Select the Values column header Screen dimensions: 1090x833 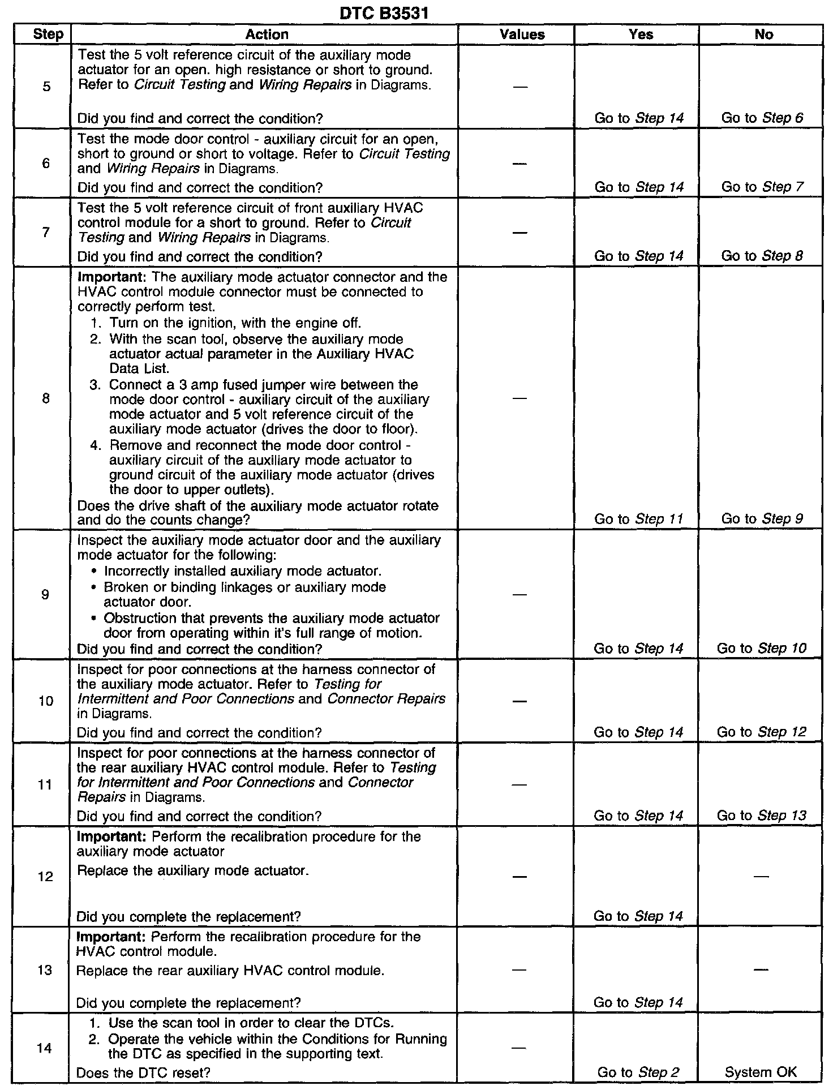coord(522,35)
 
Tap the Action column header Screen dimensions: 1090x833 coord(267,35)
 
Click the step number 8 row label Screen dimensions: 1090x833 coord(45,398)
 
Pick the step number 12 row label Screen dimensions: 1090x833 coord(45,876)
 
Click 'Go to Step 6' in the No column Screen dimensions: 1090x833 coord(762,118)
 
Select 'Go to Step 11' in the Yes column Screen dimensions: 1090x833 coord(638,519)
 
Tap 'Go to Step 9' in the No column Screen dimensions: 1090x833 coord(762,519)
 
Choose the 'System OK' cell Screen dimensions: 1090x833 coord(761,1072)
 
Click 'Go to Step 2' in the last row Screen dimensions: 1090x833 coord(638,1072)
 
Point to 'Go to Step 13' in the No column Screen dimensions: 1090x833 coord(761,816)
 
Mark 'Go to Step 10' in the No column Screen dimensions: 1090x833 coord(761,648)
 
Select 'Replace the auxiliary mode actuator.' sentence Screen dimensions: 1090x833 coord(192,870)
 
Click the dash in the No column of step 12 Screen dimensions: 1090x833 coord(761,876)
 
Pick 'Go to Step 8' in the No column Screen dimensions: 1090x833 coord(762,256)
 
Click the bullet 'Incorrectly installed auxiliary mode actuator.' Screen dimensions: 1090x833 coord(242,571)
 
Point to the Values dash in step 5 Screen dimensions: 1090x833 coord(521,87)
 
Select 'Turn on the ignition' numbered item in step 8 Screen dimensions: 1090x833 coord(235,323)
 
